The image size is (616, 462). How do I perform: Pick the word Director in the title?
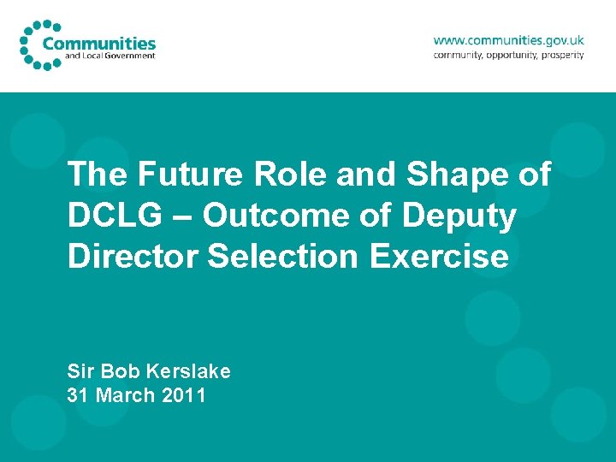coord(133,257)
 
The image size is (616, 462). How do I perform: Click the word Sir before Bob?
coord(81,371)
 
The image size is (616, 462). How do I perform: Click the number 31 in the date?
coord(78,395)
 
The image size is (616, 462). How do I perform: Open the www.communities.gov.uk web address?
coord(508,39)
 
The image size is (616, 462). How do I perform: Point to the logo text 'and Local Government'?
coord(110,56)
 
